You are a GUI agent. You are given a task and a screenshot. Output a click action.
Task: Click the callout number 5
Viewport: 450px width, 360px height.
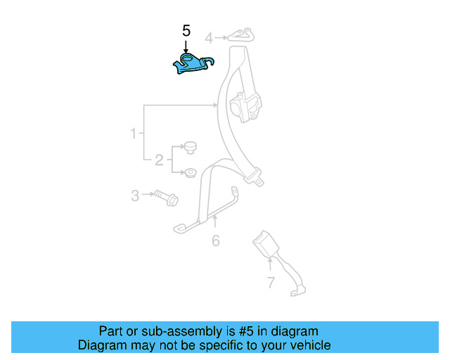(186, 31)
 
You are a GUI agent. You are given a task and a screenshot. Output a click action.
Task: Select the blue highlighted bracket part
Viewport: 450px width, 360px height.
(191, 63)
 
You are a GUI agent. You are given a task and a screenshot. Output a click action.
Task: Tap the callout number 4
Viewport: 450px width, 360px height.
(208, 37)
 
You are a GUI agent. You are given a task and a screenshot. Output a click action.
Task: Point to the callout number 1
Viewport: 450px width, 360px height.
(132, 134)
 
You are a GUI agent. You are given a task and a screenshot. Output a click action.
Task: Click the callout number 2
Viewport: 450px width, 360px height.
(159, 161)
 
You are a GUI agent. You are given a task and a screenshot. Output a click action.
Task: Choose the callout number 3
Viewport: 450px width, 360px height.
(135, 195)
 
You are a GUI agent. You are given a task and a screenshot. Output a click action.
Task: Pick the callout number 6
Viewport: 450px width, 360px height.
(216, 241)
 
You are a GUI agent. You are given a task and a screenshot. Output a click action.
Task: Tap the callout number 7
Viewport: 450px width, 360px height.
(271, 283)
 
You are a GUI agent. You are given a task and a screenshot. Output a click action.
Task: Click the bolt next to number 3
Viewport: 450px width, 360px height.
(167, 198)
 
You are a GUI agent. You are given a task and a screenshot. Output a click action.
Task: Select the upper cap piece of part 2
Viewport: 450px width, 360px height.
(190, 147)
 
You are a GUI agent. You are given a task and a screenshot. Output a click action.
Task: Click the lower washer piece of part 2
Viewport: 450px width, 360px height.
(190, 173)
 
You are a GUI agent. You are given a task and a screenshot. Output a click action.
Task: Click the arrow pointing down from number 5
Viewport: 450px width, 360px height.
(186, 45)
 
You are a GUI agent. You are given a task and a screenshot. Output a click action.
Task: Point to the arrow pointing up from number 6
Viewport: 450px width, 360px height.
(214, 224)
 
